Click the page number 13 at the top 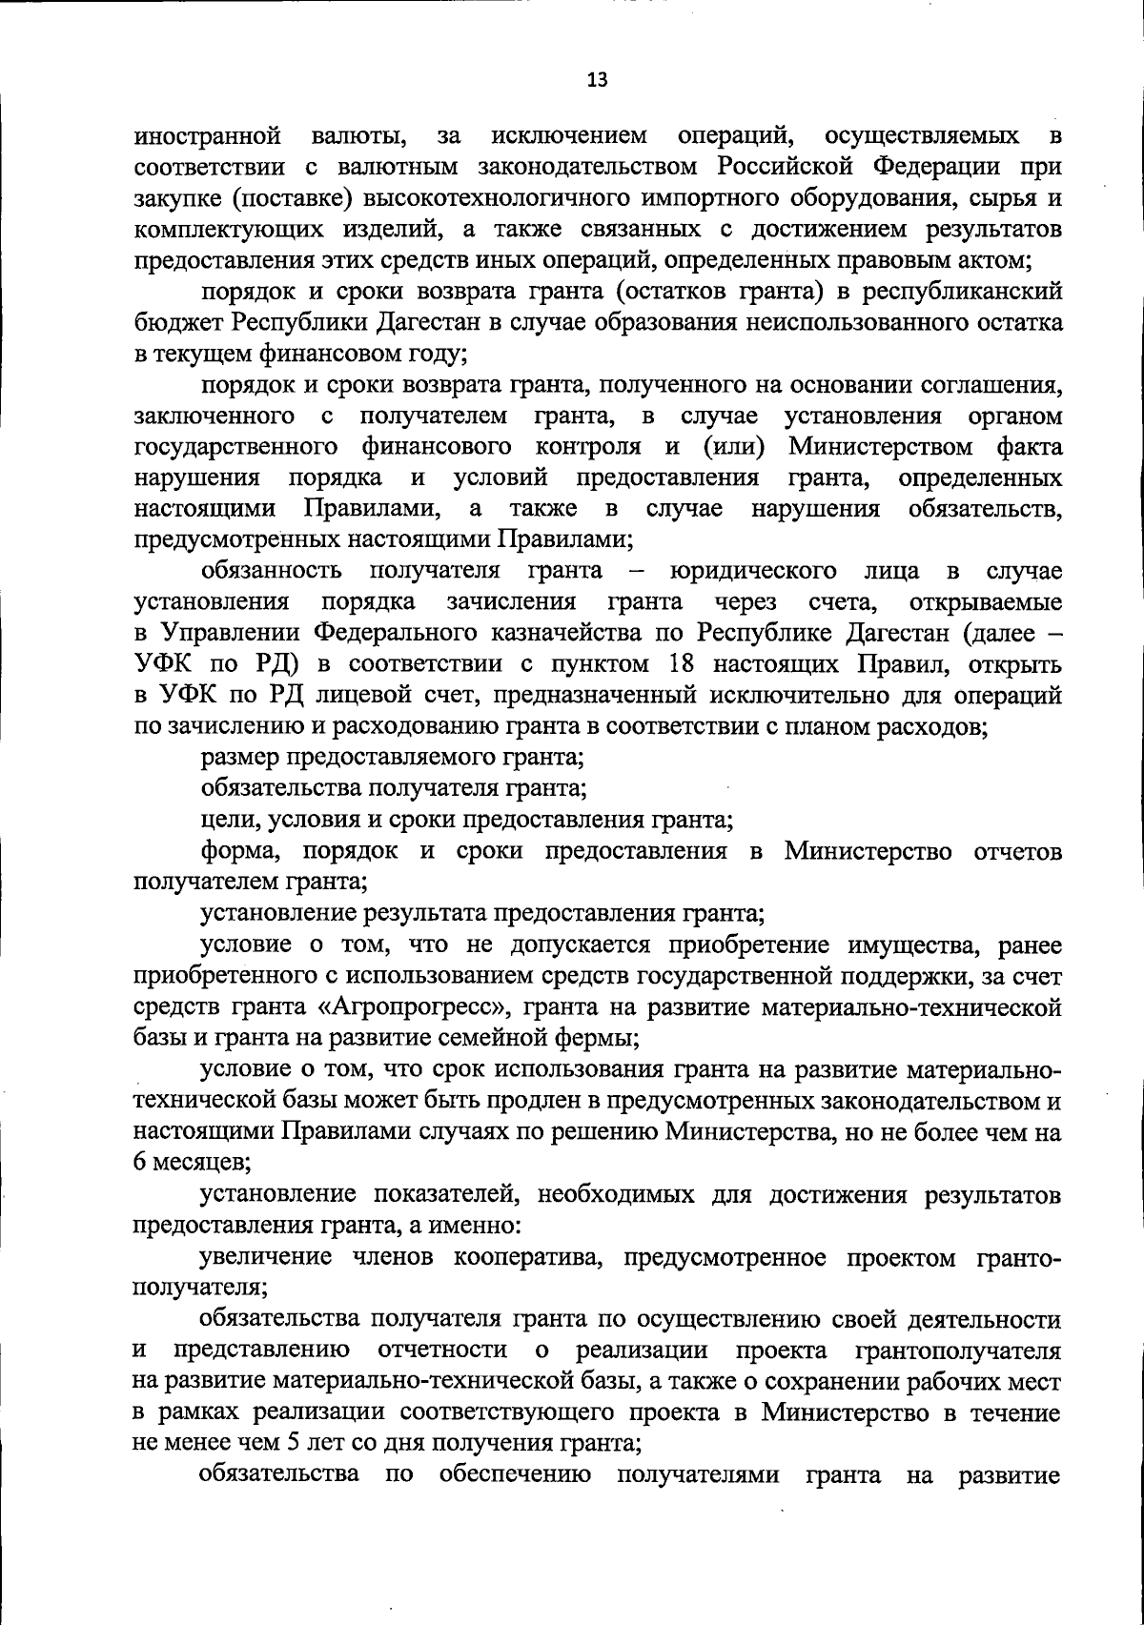tap(597, 80)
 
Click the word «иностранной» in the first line tap(207, 136)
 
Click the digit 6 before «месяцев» tap(140, 1164)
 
